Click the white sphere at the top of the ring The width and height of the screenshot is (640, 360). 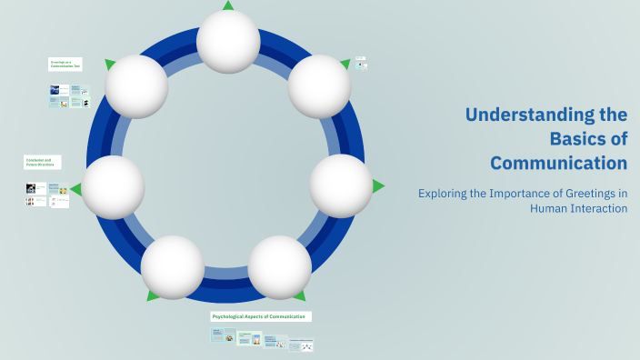228,42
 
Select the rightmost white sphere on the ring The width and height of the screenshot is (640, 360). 341,185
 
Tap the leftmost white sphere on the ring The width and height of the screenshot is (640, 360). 114,187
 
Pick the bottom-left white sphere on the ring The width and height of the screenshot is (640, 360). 173,266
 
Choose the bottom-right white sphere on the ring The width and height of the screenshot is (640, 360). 280,267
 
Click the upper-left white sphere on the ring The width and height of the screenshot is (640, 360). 137,86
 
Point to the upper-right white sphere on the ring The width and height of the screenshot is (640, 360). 319,86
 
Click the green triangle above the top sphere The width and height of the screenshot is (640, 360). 228,5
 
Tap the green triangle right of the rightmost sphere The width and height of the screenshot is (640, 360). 378,185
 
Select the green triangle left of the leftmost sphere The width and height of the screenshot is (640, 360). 75,189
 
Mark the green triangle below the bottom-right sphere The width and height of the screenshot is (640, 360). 299,295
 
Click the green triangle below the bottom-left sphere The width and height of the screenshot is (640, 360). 154,295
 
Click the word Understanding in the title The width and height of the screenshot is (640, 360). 545,115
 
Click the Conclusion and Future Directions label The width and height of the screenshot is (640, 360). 42,162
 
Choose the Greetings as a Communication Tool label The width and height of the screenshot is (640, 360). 65,65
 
